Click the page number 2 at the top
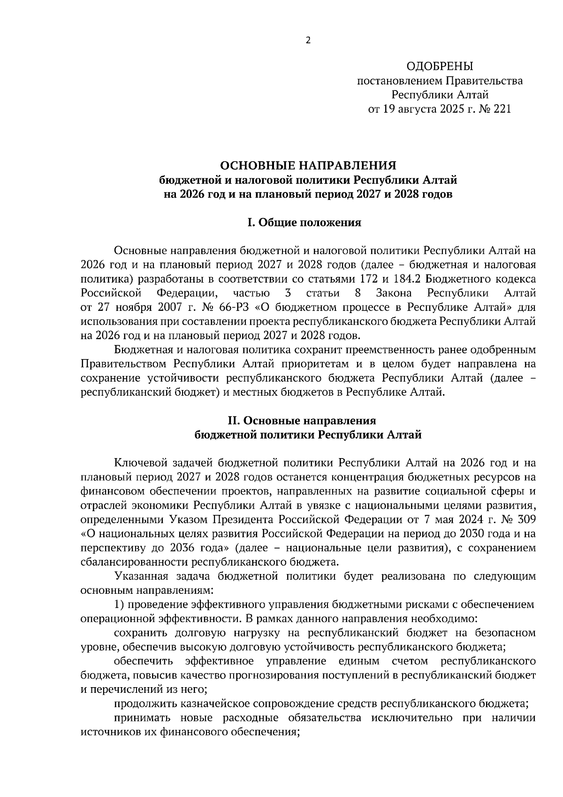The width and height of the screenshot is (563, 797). tap(308, 40)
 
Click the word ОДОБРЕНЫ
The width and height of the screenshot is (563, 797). tap(440, 66)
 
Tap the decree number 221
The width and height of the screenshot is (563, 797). tap(501, 109)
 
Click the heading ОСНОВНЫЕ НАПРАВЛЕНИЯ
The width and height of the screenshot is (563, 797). tap(308, 165)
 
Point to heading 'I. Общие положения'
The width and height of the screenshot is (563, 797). tap(304, 222)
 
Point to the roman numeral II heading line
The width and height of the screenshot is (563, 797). tap(308, 421)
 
